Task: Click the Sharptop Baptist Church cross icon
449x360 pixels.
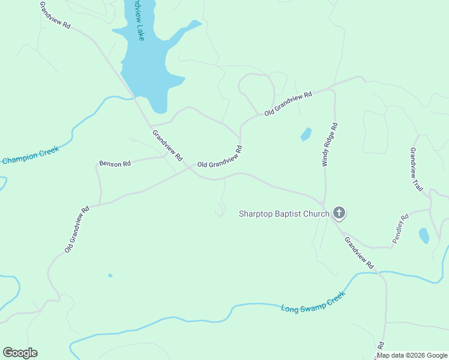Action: click(x=339, y=212)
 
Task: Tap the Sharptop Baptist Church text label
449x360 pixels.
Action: click(x=284, y=214)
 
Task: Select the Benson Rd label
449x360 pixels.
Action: click(x=115, y=163)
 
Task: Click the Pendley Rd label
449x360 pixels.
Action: click(x=400, y=228)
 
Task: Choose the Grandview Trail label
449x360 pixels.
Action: click(x=417, y=169)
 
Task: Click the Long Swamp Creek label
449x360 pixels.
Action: click(x=314, y=302)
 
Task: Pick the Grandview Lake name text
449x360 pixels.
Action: click(x=140, y=21)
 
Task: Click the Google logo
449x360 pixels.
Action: click(x=20, y=353)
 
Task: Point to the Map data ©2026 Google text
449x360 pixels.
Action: click(x=412, y=355)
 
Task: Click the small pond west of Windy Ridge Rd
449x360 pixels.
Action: click(x=306, y=134)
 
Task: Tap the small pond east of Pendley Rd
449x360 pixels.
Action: click(x=424, y=235)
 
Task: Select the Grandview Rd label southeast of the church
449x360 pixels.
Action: click(x=359, y=253)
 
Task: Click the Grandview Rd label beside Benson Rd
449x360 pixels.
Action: click(x=167, y=146)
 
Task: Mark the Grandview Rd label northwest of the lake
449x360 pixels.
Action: click(x=55, y=16)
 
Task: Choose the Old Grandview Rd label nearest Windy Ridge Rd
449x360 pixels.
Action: click(x=289, y=103)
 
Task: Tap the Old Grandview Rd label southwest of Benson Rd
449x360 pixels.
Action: click(x=77, y=229)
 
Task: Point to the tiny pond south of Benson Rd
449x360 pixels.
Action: click(x=110, y=275)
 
